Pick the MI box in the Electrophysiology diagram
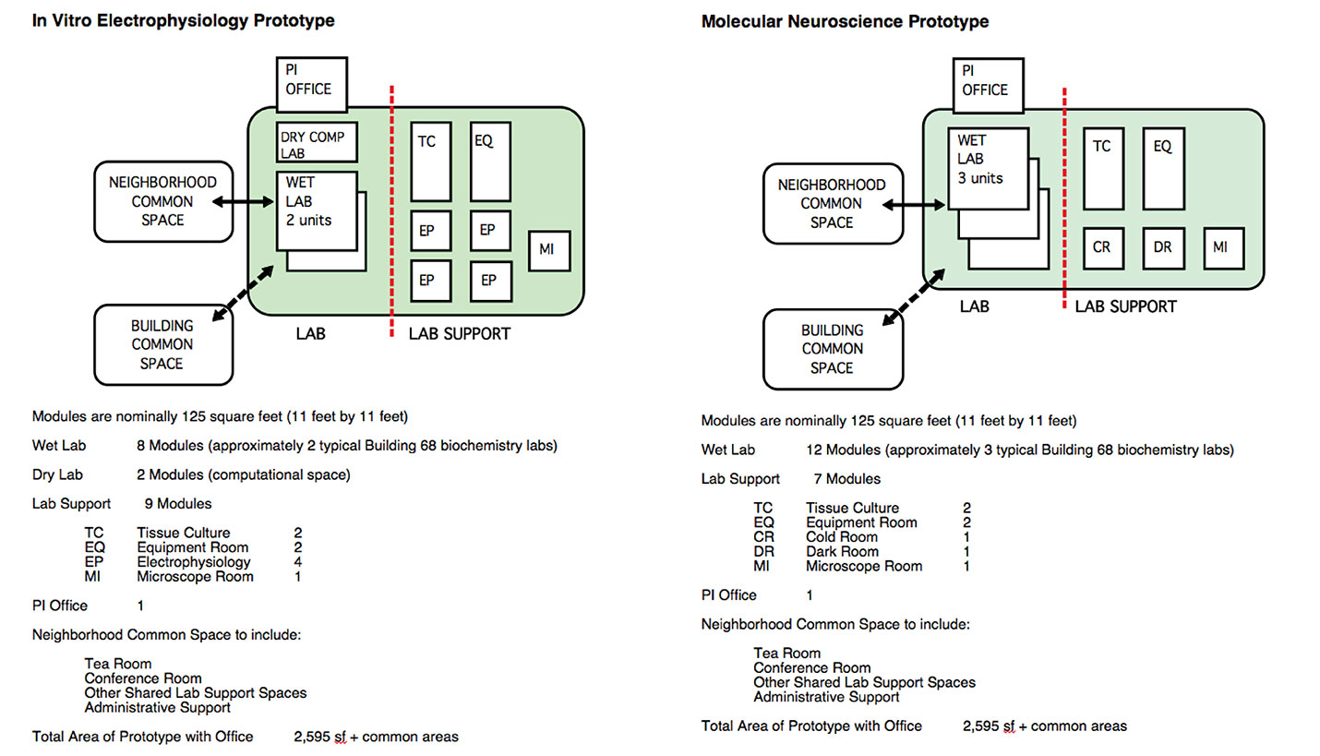pyautogui.click(x=548, y=251)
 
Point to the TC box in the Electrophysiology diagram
pyautogui.click(x=430, y=162)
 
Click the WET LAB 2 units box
pyautogui.click(x=317, y=210)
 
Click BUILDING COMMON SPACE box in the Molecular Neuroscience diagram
pyautogui.click(x=832, y=349)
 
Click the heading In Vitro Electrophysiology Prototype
pyautogui.click(x=184, y=20)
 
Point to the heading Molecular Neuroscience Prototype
pyautogui.click(x=845, y=20)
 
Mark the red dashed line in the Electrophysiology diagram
pyautogui.click(x=393, y=212)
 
